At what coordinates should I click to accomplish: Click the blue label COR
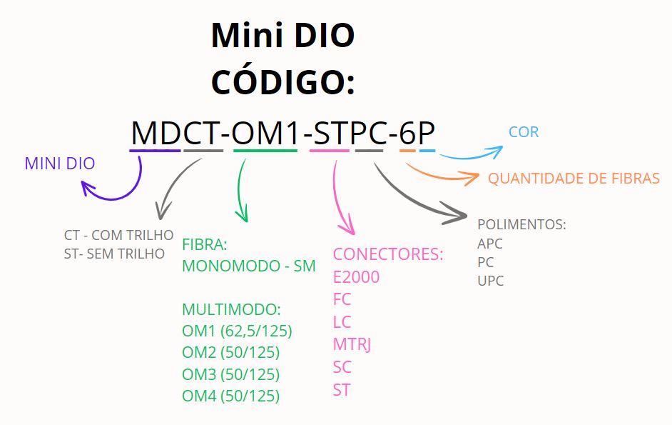524,132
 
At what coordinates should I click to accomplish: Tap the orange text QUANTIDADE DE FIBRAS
574,179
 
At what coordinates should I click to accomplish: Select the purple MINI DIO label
60,164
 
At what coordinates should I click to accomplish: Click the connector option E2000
356,276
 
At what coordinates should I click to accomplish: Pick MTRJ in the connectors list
352,344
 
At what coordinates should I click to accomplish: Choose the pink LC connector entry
342,322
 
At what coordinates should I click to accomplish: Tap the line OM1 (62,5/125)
237,331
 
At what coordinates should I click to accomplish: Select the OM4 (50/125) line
230,396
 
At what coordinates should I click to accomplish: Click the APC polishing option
490,244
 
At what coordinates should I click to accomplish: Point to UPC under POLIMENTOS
490,281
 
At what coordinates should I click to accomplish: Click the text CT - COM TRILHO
118,235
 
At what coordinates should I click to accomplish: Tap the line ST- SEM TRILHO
114,254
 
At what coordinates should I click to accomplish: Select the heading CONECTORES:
388,254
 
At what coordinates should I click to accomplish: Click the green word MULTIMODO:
232,309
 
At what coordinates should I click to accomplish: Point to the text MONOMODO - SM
248,266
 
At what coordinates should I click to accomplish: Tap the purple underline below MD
155,150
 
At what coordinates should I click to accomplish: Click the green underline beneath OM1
265,150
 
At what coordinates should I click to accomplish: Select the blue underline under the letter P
427,150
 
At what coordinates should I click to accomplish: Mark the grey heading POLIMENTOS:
521,224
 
